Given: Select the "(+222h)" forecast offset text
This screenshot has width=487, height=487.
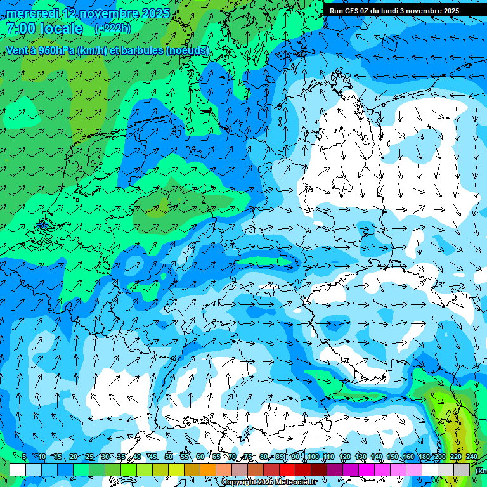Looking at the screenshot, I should (112, 29).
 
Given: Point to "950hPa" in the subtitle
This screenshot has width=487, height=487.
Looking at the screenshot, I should (56, 50).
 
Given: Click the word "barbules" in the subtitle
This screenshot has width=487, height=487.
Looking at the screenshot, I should (140, 50).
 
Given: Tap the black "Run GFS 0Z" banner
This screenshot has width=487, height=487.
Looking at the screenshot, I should (394, 11).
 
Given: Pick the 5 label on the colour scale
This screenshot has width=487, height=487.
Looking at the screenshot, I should (23, 457).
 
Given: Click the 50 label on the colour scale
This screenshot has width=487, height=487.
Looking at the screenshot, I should (169, 457).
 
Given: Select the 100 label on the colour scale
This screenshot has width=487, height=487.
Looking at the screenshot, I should (313, 457).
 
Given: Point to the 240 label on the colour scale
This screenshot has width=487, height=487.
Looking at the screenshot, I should (472, 457).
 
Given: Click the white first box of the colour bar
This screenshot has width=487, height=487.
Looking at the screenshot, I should (18, 469).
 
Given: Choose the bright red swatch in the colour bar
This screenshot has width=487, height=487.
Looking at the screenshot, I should (287, 469).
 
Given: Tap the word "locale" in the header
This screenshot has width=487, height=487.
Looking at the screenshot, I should (62, 29).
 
